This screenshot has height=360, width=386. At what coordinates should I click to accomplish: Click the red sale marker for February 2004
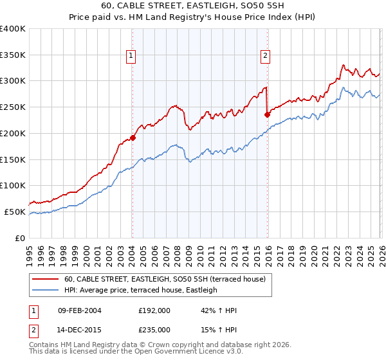pyautogui.click(x=133, y=137)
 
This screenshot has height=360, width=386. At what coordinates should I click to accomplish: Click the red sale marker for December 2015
pyautogui.click(x=267, y=115)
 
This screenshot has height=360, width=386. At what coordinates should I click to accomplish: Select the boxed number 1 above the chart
pyautogui.click(x=131, y=56)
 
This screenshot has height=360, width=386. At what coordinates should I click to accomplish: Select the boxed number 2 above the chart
pyautogui.click(x=265, y=56)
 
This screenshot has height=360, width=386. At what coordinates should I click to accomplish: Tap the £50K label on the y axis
pyautogui.click(x=15, y=212)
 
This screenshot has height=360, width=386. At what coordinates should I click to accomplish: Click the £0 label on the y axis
pyautogui.click(x=20, y=238)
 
